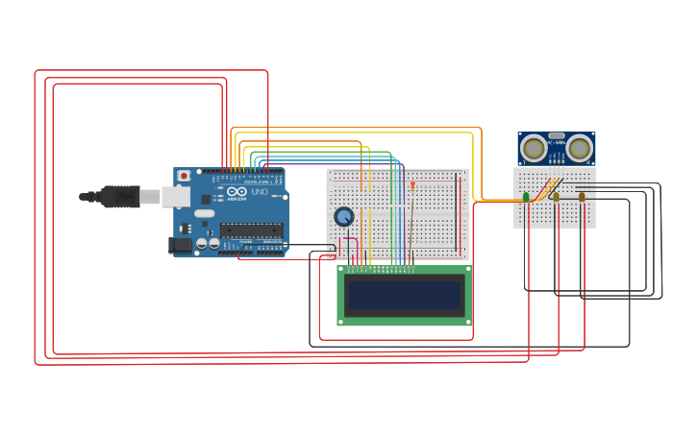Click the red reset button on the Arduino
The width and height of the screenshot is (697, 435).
pos(184,176)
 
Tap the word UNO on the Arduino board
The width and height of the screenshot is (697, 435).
pos(260,192)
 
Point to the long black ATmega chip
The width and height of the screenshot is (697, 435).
pos(252,230)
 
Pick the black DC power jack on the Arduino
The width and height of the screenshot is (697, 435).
pos(180,245)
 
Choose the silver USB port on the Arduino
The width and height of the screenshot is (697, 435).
pos(176,196)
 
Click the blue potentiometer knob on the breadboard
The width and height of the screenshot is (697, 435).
pos(343,216)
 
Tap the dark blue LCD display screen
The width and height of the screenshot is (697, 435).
pos(405,296)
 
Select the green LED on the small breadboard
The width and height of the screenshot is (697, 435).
pos(526,197)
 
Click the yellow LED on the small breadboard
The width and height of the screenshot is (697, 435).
pos(556,197)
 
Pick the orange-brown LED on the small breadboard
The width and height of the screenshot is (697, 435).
pos(582,197)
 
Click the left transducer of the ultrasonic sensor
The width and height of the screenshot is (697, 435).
pos(534,148)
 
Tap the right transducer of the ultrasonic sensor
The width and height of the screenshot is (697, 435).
pos(579,148)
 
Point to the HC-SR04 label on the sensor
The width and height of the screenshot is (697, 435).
pos(557,143)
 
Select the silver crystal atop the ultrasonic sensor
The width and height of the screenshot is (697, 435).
pos(557,135)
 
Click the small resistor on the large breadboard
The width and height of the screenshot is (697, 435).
pos(412,184)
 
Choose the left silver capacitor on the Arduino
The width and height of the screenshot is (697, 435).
pos(202,244)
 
